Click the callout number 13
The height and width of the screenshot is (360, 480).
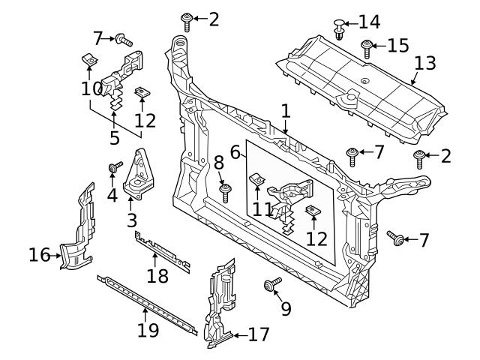click(x=424, y=63)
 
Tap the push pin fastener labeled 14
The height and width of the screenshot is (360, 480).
click(x=339, y=28)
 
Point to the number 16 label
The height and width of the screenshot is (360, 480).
click(x=39, y=256)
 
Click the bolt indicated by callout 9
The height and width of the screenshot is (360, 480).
click(x=271, y=286)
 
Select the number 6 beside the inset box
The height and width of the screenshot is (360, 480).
click(x=235, y=151)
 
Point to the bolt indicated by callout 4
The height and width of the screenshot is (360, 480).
click(x=115, y=167)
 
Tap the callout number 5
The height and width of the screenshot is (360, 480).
click(x=114, y=138)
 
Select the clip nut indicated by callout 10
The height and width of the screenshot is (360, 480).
click(x=87, y=59)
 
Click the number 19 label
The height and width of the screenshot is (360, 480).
click(x=148, y=330)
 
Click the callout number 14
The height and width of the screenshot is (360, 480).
click(x=370, y=21)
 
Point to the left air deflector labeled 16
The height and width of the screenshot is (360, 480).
click(x=79, y=232)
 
